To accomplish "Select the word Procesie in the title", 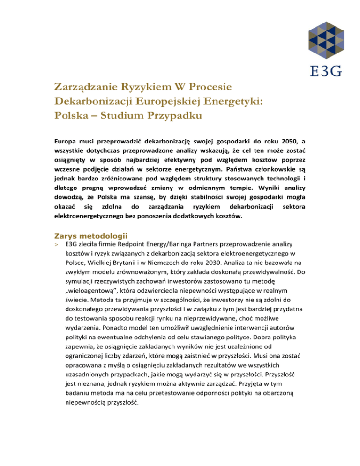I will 207,87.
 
